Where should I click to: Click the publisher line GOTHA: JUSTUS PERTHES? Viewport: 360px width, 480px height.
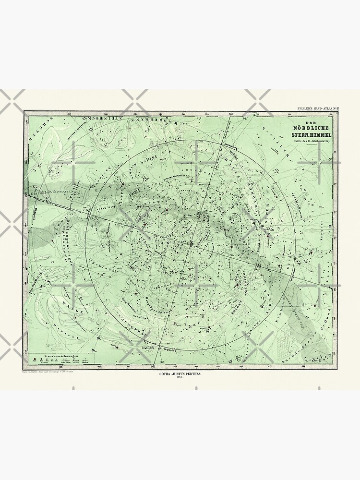[x=180, y=376]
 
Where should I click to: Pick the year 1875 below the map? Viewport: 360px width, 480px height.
[x=180, y=381]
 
